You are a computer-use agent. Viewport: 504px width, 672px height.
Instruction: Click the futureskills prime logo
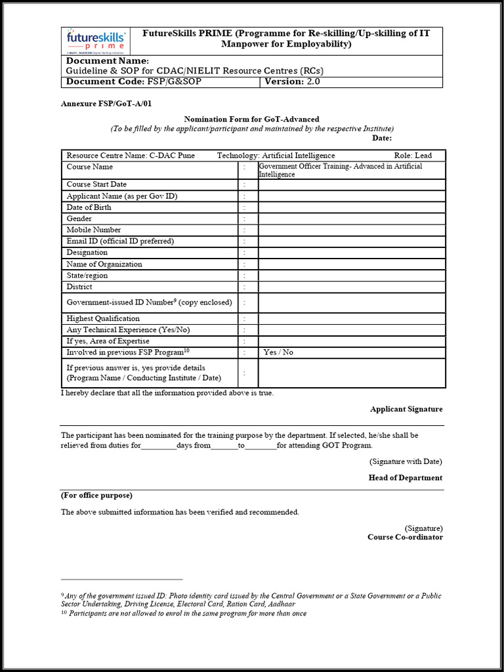95,41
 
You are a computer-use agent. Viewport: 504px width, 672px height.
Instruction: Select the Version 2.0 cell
293,82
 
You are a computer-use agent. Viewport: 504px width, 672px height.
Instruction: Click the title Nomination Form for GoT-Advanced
251,119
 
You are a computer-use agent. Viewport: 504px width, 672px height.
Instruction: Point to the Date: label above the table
381,138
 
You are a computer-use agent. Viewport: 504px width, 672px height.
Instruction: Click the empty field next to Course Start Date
352,185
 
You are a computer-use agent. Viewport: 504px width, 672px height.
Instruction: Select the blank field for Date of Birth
352,207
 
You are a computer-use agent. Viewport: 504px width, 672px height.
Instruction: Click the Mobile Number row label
94,230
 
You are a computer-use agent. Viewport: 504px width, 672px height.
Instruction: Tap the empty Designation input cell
352,253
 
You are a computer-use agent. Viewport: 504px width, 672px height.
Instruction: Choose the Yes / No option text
278,352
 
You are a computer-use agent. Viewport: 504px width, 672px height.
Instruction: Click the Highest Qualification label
103,318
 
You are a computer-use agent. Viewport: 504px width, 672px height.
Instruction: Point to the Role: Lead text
413,156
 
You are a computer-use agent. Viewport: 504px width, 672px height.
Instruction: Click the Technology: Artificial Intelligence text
276,156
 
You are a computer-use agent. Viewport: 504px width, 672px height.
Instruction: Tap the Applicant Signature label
406,409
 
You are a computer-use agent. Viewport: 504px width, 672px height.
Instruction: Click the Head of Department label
405,478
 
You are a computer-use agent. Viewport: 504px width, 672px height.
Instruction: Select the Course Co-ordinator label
405,537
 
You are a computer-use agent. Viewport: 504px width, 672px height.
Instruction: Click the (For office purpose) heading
96,495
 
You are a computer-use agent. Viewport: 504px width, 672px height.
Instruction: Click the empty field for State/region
352,276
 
